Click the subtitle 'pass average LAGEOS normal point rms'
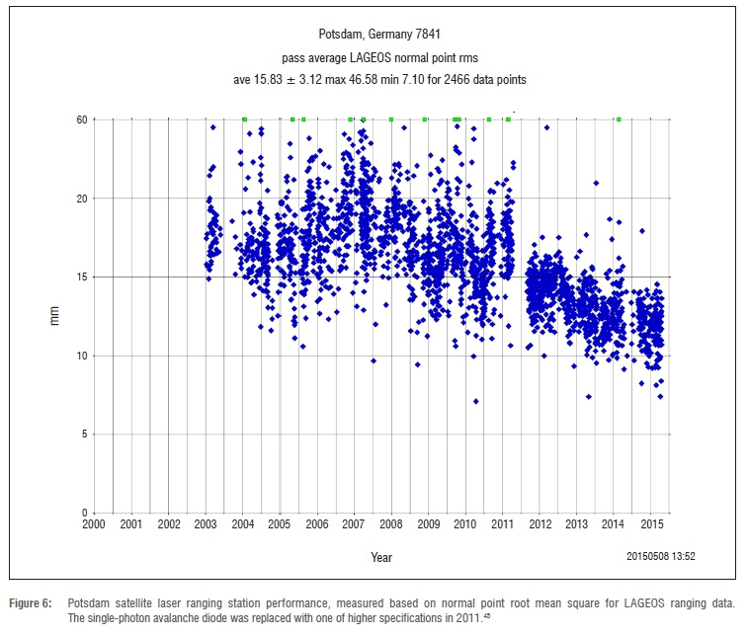tap(374, 56)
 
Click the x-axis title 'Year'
tap(381, 557)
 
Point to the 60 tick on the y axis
tap(83, 120)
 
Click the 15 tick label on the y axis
tap(83, 277)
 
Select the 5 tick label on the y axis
tap(86, 434)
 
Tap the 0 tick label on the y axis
tap(86, 513)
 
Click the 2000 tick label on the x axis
tap(94, 523)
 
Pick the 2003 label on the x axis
tap(206, 523)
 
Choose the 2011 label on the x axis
tap(502, 523)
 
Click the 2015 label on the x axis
tap(650, 523)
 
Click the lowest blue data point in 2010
tap(475, 401)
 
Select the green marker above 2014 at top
tap(619, 120)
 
